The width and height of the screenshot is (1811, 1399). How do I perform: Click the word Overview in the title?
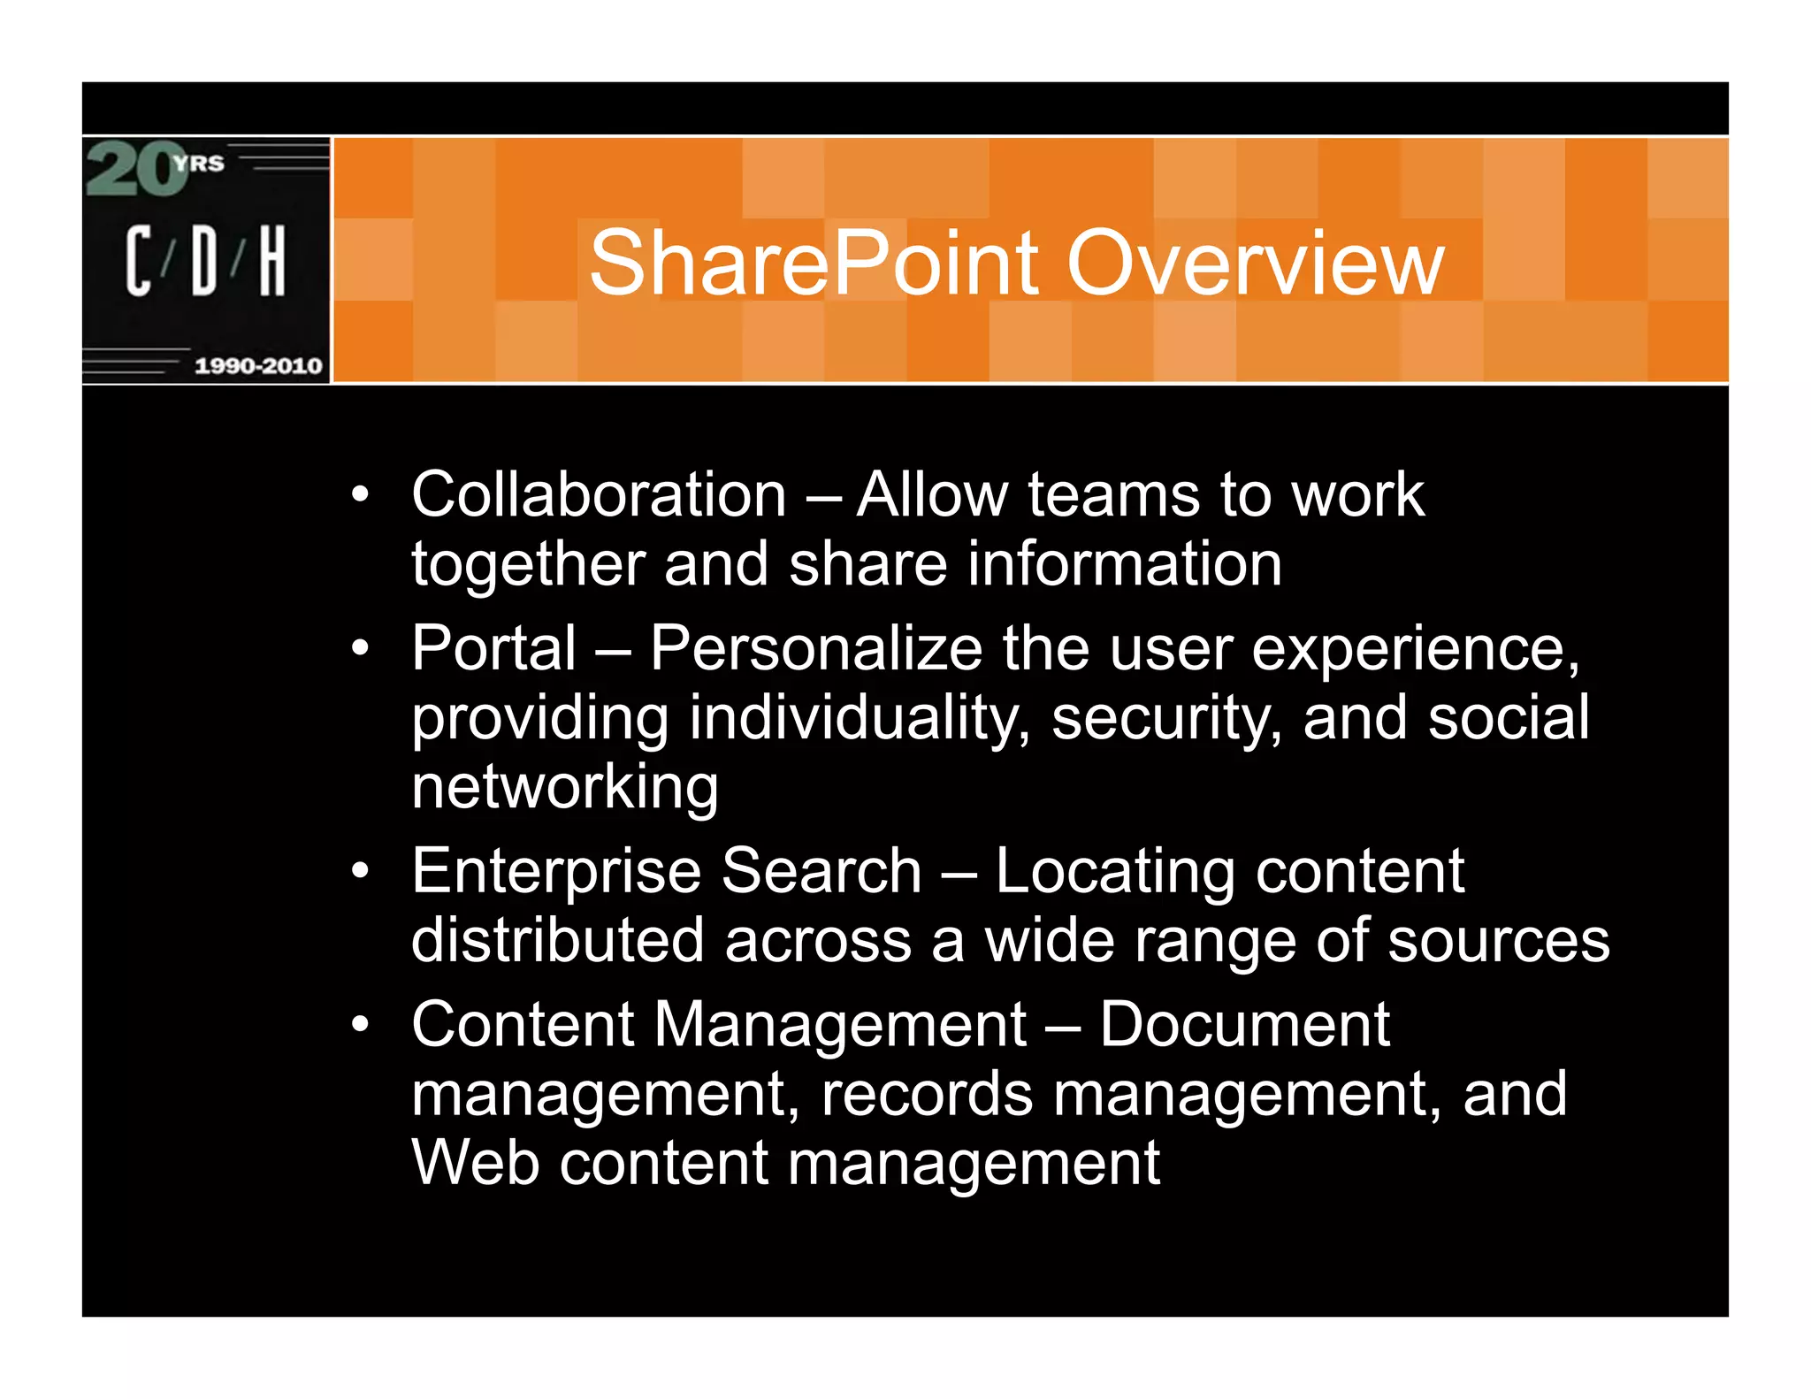coord(1256,264)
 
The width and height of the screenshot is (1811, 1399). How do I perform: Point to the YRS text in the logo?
coord(199,164)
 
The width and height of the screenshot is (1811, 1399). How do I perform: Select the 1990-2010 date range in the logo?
coord(257,365)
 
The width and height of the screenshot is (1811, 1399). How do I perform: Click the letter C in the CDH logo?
coord(138,260)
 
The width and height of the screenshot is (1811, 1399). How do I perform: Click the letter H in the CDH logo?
coord(271,260)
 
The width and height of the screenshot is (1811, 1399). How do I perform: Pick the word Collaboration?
coord(599,494)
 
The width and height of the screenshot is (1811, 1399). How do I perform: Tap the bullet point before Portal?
coord(359,649)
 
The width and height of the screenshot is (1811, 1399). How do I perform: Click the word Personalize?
coord(815,649)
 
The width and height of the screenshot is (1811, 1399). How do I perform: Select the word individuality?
coord(859,717)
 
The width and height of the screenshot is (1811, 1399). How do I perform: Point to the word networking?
coord(564,786)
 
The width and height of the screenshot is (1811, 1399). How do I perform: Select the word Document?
coord(1244,1025)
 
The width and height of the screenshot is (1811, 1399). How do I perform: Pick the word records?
coord(927,1095)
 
